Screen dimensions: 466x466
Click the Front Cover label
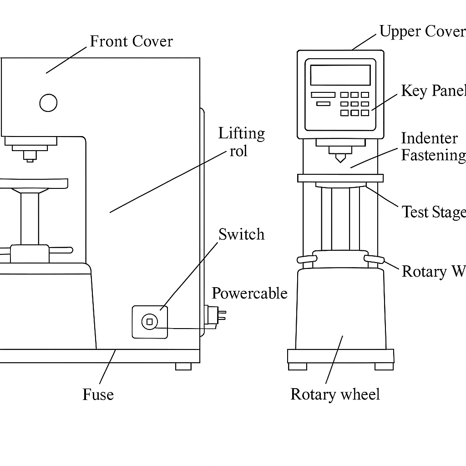point(131,41)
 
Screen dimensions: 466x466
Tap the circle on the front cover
point(48,103)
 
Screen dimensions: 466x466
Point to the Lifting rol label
point(241,142)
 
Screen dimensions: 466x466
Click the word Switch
point(241,234)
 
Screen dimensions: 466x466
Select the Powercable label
point(249,293)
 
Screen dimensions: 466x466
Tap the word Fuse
point(98,394)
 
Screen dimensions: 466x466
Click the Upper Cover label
point(422,31)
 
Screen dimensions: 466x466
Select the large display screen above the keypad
point(340,75)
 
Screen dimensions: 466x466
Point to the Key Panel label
point(433,91)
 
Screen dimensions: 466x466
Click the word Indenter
point(429,138)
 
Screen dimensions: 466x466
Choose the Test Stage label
point(433,212)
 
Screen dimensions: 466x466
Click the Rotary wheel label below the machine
point(335,394)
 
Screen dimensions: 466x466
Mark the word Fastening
point(433,155)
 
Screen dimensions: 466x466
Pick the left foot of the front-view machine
point(298,366)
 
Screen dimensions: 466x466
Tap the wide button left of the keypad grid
point(323,95)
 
